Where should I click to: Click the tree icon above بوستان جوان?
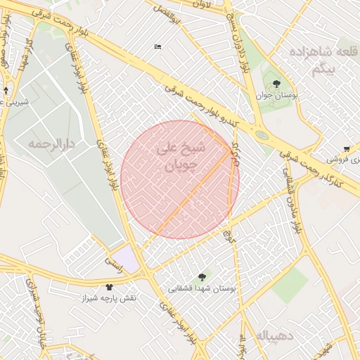276,84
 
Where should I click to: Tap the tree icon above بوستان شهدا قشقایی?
203,278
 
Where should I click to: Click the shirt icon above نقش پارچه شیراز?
109,287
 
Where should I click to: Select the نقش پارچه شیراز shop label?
108,298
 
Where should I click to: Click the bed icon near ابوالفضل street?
157,47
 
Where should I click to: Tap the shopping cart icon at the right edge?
347,148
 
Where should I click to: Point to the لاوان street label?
202,4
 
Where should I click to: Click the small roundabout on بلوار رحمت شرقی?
262,135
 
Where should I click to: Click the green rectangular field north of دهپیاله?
290,283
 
